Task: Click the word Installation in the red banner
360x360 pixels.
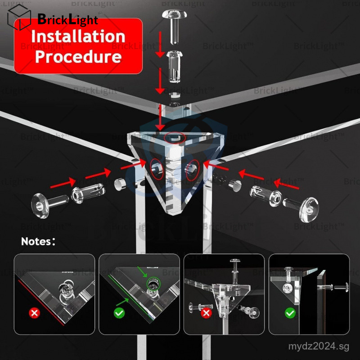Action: (x=78, y=36)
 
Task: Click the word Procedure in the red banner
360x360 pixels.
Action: (x=78, y=57)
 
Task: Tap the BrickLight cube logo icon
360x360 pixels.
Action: (x=19, y=17)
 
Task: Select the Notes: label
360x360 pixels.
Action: (x=38, y=242)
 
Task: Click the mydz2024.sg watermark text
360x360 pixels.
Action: (x=319, y=346)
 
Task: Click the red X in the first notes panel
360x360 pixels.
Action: (x=35, y=313)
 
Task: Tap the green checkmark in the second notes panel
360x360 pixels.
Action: (x=119, y=313)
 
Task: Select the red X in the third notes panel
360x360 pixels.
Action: (x=206, y=313)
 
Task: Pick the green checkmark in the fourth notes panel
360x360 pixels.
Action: (x=290, y=313)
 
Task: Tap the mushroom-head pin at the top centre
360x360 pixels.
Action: (x=174, y=27)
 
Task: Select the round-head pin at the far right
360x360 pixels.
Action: (x=301, y=208)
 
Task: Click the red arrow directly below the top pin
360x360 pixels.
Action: (x=160, y=44)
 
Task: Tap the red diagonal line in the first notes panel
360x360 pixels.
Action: (x=41, y=302)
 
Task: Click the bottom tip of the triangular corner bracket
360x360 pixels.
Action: (x=173, y=215)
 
